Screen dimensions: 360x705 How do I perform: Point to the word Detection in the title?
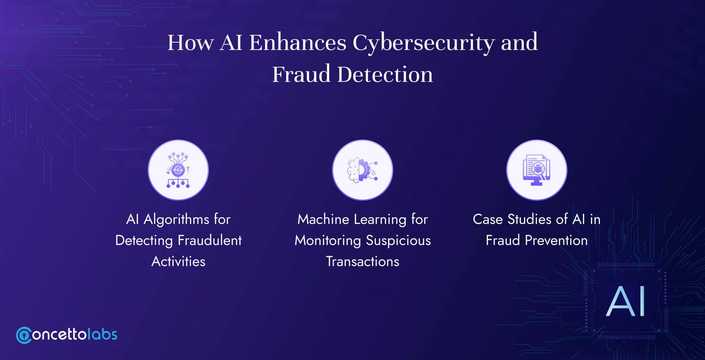(x=385, y=74)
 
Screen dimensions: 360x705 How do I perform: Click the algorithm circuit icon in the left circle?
(x=178, y=170)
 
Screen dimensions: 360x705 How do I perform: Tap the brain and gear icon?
(x=362, y=170)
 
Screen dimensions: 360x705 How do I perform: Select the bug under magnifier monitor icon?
(x=536, y=170)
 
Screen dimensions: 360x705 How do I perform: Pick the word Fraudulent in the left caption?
(x=210, y=241)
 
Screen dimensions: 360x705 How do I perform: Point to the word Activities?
(x=178, y=261)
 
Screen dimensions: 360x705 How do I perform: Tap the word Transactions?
(x=362, y=261)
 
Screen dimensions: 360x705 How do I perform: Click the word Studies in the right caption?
(x=529, y=220)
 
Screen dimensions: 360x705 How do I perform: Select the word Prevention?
(x=556, y=241)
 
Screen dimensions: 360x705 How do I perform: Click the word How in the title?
(x=190, y=43)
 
